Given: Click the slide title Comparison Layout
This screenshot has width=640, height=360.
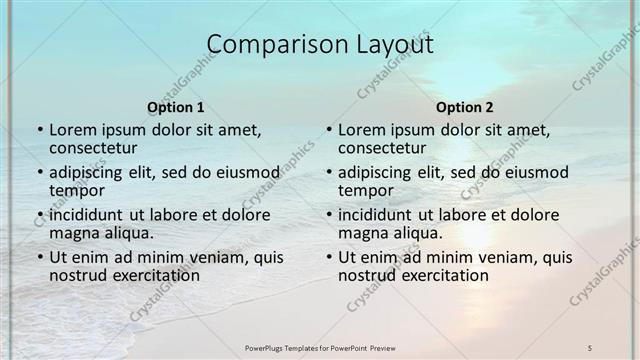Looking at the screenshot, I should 320,45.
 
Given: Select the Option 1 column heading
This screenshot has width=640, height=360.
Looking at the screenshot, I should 176,107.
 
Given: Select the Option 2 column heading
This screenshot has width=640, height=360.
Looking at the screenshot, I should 465,107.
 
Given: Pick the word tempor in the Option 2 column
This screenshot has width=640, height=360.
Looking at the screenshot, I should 366,191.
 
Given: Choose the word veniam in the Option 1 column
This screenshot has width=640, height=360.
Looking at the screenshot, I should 209,256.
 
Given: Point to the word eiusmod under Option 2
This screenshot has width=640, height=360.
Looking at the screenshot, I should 531,172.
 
